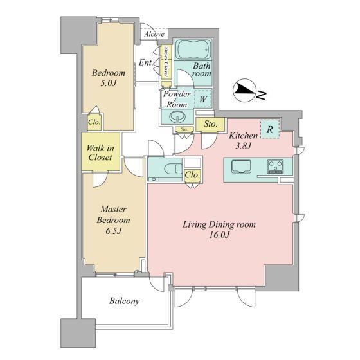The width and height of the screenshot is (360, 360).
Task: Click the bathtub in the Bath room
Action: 194,50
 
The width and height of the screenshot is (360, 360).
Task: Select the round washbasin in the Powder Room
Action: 177,117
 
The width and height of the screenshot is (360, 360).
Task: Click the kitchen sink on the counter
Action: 241,166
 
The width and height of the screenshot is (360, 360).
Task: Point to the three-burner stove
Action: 275,166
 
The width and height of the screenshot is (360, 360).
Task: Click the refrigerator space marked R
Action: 270,129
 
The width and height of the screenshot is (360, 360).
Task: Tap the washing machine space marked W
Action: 203,99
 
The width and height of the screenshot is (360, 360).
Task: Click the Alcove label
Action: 154,34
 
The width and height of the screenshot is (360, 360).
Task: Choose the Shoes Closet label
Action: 166,62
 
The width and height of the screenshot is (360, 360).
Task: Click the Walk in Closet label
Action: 100,152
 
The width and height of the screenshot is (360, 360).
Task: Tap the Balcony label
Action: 124,301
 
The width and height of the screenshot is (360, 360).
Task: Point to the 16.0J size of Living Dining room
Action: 219,235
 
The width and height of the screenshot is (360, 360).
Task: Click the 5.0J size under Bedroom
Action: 109,83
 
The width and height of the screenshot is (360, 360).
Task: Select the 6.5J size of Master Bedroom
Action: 113,231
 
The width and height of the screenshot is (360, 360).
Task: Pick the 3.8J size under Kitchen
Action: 244,145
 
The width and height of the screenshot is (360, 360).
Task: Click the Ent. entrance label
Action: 145,62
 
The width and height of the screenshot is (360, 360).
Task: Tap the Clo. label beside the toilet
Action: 192,175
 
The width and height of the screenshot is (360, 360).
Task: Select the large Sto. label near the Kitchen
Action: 210,124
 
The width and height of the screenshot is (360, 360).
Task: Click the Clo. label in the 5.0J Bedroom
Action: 94,122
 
